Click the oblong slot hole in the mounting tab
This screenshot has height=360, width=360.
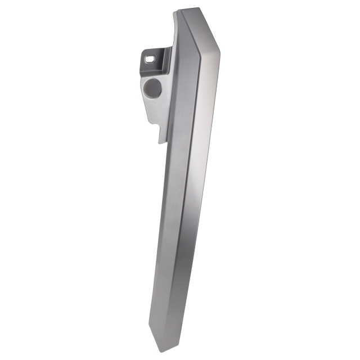coord(150,57)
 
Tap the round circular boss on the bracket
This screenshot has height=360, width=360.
coord(152,87)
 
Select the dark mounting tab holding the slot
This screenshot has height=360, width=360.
coord(155,58)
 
